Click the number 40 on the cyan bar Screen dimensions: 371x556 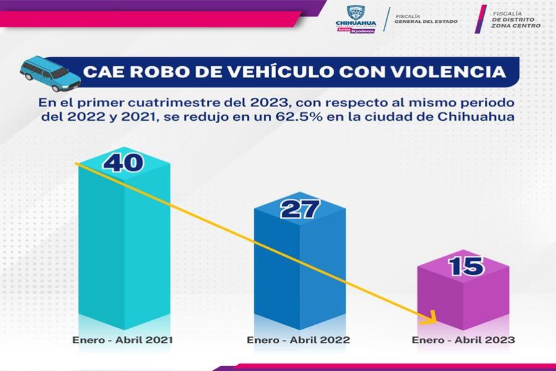pyautogui.click(x=123, y=162)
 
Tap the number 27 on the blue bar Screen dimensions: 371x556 pyautogui.click(x=300, y=209)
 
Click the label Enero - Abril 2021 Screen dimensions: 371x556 pyautogui.click(x=123, y=340)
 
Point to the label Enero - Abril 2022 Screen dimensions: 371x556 pyautogui.click(x=298, y=340)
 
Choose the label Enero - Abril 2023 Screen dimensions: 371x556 pyautogui.click(x=463, y=340)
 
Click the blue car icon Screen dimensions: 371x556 pyautogui.click(x=50, y=73)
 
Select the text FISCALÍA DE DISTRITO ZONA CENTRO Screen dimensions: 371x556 pyautogui.click(x=515, y=19)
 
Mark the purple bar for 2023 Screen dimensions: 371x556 pyautogui.click(x=463, y=297)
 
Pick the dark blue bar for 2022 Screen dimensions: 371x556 pyautogui.click(x=300, y=273)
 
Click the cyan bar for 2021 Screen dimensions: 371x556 pyautogui.click(x=123, y=248)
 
